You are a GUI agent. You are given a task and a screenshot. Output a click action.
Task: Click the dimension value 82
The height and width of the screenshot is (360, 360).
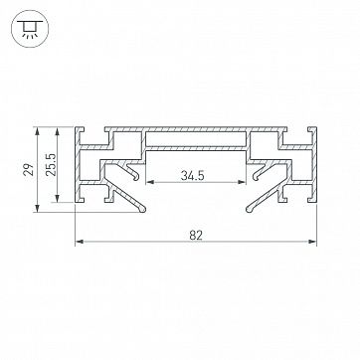click(196, 235)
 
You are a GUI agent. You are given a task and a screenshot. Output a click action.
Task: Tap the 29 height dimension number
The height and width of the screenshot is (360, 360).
click(30, 169)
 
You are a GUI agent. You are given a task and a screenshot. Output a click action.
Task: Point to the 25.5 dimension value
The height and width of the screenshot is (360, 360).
click(50, 165)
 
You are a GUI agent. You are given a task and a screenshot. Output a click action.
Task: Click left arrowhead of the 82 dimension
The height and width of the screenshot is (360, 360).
click(79, 242)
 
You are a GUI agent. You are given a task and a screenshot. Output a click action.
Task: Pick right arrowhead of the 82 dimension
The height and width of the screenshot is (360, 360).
click(312, 242)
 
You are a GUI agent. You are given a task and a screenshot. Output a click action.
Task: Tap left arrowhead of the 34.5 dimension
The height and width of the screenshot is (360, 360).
click(150, 182)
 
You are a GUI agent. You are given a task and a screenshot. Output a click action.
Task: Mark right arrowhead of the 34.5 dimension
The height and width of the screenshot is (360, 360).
click(242, 182)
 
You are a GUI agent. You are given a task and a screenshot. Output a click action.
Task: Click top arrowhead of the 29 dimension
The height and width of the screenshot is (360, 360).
click(37, 130)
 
